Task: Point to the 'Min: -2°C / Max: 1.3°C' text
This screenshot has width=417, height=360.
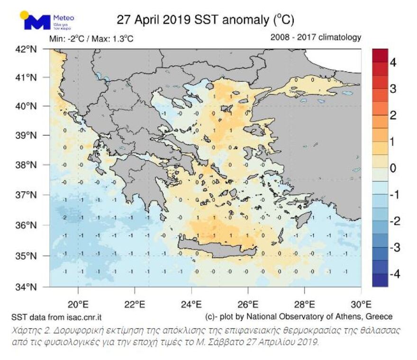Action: point(91,39)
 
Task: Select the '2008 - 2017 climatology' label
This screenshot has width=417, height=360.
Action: point(316,37)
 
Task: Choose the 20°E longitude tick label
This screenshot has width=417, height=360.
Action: point(78,303)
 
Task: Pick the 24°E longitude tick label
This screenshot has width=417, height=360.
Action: point(191,303)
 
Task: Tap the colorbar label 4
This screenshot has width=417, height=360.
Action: point(393,62)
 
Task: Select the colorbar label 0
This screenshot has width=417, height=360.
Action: point(393,168)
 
